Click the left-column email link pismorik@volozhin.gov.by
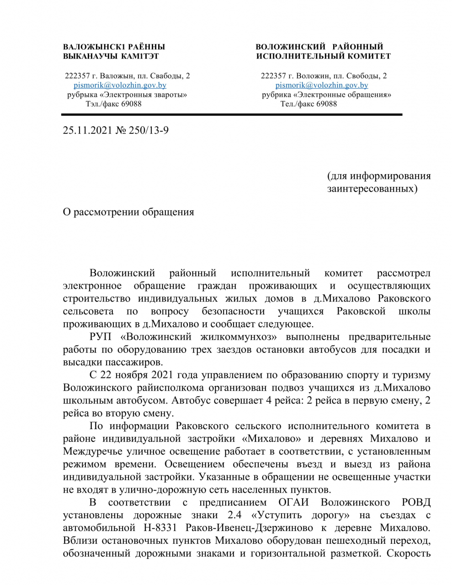tap(120, 85)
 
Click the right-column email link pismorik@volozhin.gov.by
tap(322, 85)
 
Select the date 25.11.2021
tap(87, 131)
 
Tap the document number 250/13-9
tap(149, 131)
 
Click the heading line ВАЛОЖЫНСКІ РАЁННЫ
tap(114, 47)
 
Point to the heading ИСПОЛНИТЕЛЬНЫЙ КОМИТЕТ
tap(324, 56)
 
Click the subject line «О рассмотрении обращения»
tap(128, 212)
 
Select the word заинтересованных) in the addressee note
tap(372, 188)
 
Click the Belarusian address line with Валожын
tap(128, 76)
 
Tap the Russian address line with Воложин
tap(324, 76)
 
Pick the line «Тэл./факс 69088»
tap(114, 104)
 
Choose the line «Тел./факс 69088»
tap(309, 104)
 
